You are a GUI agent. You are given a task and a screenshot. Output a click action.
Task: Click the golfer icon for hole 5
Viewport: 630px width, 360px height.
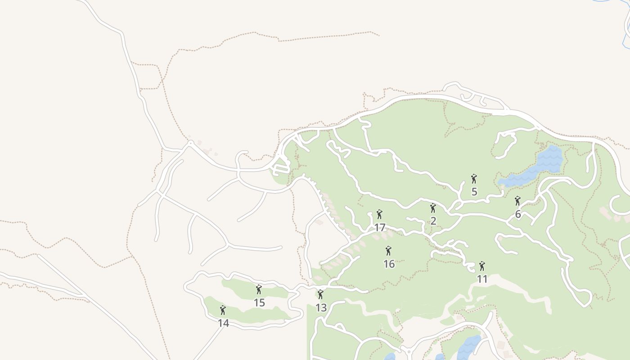point(474,179)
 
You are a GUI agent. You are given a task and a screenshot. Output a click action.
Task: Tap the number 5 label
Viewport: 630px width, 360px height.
point(474,192)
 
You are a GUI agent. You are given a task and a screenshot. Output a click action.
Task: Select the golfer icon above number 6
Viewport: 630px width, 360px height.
point(517,201)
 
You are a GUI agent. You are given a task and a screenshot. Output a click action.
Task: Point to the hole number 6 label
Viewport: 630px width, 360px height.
point(518,214)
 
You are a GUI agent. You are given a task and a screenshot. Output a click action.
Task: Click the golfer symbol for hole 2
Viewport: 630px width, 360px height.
point(433,208)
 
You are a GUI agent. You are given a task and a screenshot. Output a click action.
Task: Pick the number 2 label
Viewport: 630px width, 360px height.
point(433,221)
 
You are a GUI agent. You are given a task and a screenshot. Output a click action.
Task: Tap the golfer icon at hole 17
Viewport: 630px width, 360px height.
point(379,214)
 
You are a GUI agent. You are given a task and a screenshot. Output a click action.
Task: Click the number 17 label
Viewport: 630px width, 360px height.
point(380,228)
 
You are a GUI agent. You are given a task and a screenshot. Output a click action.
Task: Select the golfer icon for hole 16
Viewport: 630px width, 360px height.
point(389,251)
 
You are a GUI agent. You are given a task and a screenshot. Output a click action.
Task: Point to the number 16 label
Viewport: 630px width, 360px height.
point(389,264)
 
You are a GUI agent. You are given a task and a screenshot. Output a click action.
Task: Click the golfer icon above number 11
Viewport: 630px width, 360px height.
point(482,266)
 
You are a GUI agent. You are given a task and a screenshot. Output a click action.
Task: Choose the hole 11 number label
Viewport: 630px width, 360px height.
point(482,279)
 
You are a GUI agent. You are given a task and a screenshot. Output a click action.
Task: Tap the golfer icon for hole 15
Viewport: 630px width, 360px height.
point(259,289)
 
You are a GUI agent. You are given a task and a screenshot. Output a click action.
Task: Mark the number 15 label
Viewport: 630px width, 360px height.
point(259,303)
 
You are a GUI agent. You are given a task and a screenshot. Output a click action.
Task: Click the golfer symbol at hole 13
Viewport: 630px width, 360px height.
point(320,294)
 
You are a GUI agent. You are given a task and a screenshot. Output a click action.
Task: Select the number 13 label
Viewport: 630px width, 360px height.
point(321,308)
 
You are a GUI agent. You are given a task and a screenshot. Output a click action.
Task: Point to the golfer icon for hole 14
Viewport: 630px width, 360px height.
point(223,310)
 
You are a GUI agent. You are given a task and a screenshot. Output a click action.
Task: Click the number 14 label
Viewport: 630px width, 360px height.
point(223,323)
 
